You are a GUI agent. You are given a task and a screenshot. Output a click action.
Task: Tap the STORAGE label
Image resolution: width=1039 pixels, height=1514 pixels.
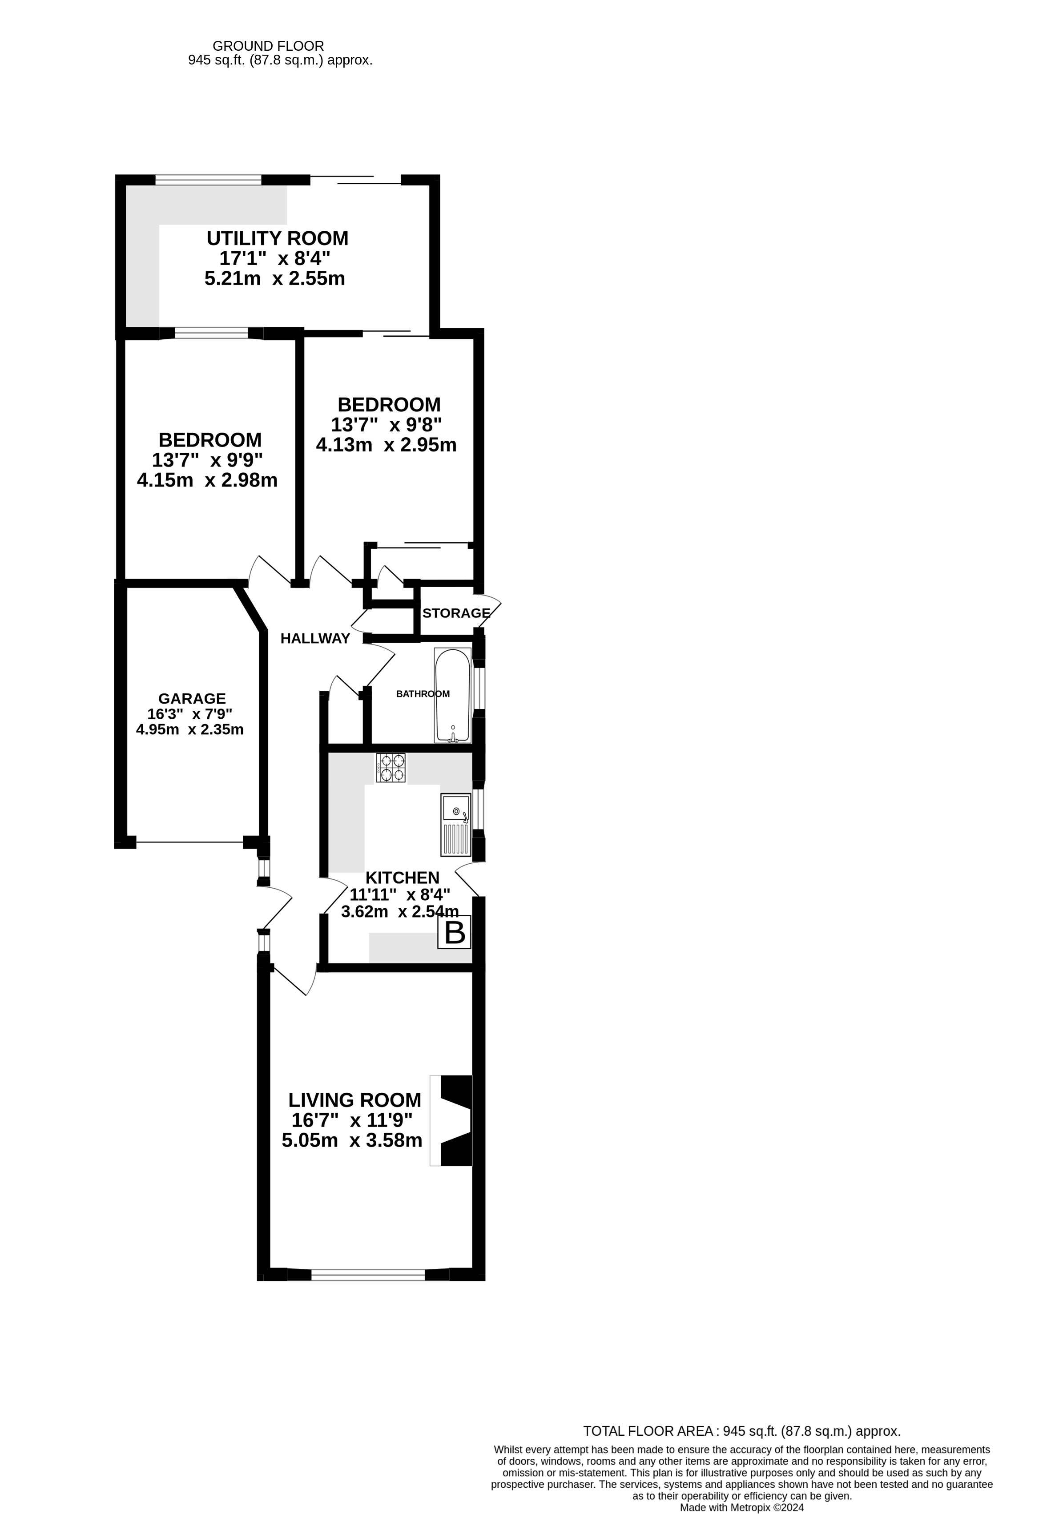pyautogui.click(x=455, y=613)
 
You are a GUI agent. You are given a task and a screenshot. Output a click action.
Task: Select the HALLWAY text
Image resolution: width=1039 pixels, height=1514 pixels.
pyautogui.click(x=315, y=638)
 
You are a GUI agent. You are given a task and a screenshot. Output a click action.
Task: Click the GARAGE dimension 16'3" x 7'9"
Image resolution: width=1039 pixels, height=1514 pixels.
pyautogui.click(x=189, y=714)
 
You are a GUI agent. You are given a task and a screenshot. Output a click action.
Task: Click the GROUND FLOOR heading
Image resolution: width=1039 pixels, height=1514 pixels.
pyautogui.click(x=268, y=46)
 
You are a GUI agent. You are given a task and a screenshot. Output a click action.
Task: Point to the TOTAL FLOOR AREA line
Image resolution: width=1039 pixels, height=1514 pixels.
pyautogui.click(x=741, y=1431)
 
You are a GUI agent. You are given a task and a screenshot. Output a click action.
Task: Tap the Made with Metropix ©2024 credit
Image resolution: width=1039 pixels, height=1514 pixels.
pyautogui.click(x=741, y=1507)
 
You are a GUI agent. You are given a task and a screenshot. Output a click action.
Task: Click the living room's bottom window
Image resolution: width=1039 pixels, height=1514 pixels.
pyautogui.click(x=368, y=1275)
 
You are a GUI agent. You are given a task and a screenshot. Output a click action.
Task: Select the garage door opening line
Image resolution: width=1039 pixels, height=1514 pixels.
pyautogui.click(x=189, y=842)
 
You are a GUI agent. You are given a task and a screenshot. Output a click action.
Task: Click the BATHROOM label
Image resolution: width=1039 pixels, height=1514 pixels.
pyautogui.click(x=423, y=694)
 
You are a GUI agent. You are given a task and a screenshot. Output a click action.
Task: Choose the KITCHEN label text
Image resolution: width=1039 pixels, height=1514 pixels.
pyautogui.click(x=402, y=878)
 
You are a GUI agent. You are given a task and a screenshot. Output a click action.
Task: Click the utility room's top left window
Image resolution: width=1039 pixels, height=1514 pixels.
pyautogui.click(x=209, y=180)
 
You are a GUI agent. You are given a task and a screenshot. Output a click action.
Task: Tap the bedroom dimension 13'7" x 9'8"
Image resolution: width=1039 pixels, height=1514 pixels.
pyautogui.click(x=386, y=425)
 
